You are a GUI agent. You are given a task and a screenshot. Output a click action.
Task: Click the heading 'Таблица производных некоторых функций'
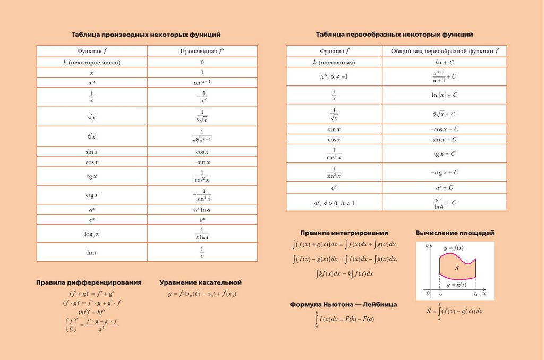point(146,35)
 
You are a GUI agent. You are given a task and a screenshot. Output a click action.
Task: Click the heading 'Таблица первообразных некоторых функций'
point(395,35)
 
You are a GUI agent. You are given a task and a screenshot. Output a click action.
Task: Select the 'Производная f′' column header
point(202,51)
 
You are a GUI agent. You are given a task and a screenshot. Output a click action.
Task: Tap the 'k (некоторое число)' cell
point(92,62)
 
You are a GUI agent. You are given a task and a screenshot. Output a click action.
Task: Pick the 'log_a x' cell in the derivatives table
point(92,234)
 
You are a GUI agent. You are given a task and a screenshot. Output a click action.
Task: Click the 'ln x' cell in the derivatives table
point(92,252)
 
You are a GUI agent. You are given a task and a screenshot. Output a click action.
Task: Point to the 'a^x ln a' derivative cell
point(202,210)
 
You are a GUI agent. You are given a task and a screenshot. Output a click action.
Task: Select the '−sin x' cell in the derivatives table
point(202,162)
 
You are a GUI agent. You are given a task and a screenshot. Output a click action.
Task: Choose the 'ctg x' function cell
point(92,195)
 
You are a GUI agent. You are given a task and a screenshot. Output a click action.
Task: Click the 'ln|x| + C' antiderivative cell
point(444,95)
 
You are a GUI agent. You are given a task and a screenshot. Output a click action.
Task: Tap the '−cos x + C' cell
point(444,129)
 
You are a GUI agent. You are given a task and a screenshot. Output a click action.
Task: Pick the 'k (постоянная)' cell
point(334,62)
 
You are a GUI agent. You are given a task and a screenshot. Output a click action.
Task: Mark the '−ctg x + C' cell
point(444,172)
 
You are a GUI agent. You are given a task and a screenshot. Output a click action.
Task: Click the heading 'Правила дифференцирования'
point(89,282)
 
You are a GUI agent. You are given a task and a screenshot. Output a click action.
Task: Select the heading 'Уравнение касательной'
point(200,282)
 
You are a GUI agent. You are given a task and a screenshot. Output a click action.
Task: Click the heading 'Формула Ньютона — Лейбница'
point(343,305)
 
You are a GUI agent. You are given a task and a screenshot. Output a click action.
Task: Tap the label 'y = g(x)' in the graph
point(456,285)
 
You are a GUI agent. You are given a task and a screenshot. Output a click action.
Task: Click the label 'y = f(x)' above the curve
point(453,248)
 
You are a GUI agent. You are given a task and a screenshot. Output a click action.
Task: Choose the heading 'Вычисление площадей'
point(455,233)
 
